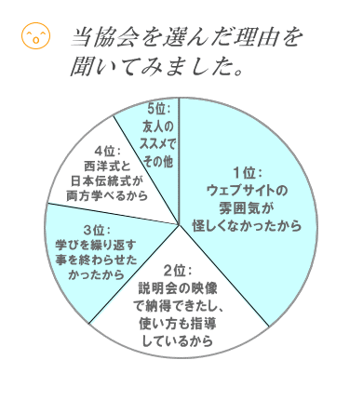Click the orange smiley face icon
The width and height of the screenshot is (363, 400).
(x=35, y=38)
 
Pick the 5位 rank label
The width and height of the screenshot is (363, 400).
(x=157, y=109)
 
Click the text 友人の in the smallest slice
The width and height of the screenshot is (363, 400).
(x=157, y=126)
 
